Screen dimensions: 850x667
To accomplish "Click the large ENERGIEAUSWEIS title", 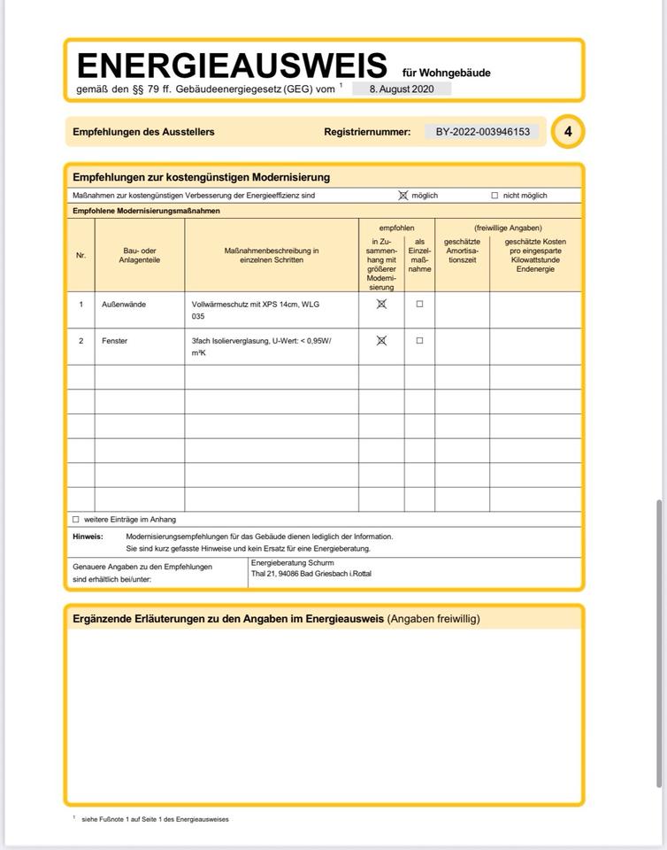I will tap(232, 66).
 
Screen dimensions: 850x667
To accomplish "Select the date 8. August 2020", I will tap(402, 89).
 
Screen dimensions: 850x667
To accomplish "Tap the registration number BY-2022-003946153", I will tap(482, 132).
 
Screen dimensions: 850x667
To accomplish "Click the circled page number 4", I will tap(568, 132).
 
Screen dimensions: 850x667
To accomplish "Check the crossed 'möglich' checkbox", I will tap(403, 196).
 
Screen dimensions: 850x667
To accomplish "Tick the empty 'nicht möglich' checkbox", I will tap(494, 196).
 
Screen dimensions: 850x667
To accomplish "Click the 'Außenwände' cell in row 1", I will tap(124, 305).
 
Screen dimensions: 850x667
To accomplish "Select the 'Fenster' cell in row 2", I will tap(115, 341).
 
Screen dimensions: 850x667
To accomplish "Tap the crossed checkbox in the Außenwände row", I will tap(381, 304).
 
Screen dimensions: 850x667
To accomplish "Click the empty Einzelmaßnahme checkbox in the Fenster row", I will tap(419, 341).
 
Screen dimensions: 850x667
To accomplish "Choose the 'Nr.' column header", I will tap(81, 256).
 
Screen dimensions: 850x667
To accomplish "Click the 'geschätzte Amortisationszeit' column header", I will tap(462, 251).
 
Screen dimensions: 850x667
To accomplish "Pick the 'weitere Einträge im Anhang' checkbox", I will tap(76, 520).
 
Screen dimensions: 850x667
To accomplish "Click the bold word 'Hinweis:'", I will tap(88, 537).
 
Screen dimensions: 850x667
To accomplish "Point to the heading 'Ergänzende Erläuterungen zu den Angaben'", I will tap(228, 619).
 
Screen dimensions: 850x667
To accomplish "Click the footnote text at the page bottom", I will tap(155, 819).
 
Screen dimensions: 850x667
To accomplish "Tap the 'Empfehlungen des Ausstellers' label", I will tap(143, 132).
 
